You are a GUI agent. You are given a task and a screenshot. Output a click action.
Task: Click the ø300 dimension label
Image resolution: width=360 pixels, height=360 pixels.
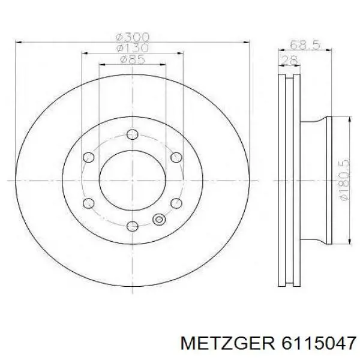[133, 37]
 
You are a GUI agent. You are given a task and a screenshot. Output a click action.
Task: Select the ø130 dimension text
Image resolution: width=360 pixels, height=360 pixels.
[133, 48]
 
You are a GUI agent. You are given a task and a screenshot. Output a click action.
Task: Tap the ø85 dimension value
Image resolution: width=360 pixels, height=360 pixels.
[133, 59]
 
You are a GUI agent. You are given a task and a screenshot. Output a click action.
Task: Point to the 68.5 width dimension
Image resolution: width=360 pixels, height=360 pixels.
[305, 44]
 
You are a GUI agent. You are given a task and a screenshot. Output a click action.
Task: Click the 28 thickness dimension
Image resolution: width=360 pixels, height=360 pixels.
[289, 61]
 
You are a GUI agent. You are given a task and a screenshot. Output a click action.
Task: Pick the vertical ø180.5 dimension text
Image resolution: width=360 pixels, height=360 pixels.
[344, 180]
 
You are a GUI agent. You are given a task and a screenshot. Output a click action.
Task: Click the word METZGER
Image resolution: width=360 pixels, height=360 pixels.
[227, 344]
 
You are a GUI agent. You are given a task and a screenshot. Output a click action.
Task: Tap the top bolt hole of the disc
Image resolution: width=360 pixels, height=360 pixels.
[133, 134]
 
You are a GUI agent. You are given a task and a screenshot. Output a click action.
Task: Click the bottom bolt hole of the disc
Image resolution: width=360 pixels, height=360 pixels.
[133, 226]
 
